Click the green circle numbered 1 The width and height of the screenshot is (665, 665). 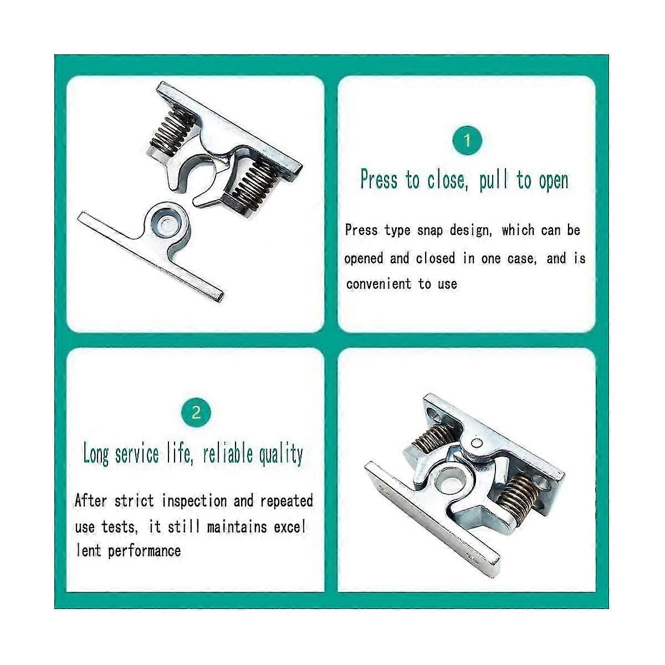click(x=467, y=141)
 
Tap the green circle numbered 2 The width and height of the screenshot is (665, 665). click(x=196, y=413)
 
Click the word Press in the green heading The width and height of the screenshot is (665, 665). click(x=378, y=180)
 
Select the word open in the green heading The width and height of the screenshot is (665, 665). click(x=553, y=181)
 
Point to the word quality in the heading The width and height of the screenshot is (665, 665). click(x=282, y=454)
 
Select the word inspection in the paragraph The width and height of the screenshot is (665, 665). click(x=195, y=501)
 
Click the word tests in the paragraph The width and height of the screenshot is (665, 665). click(x=118, y=526)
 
